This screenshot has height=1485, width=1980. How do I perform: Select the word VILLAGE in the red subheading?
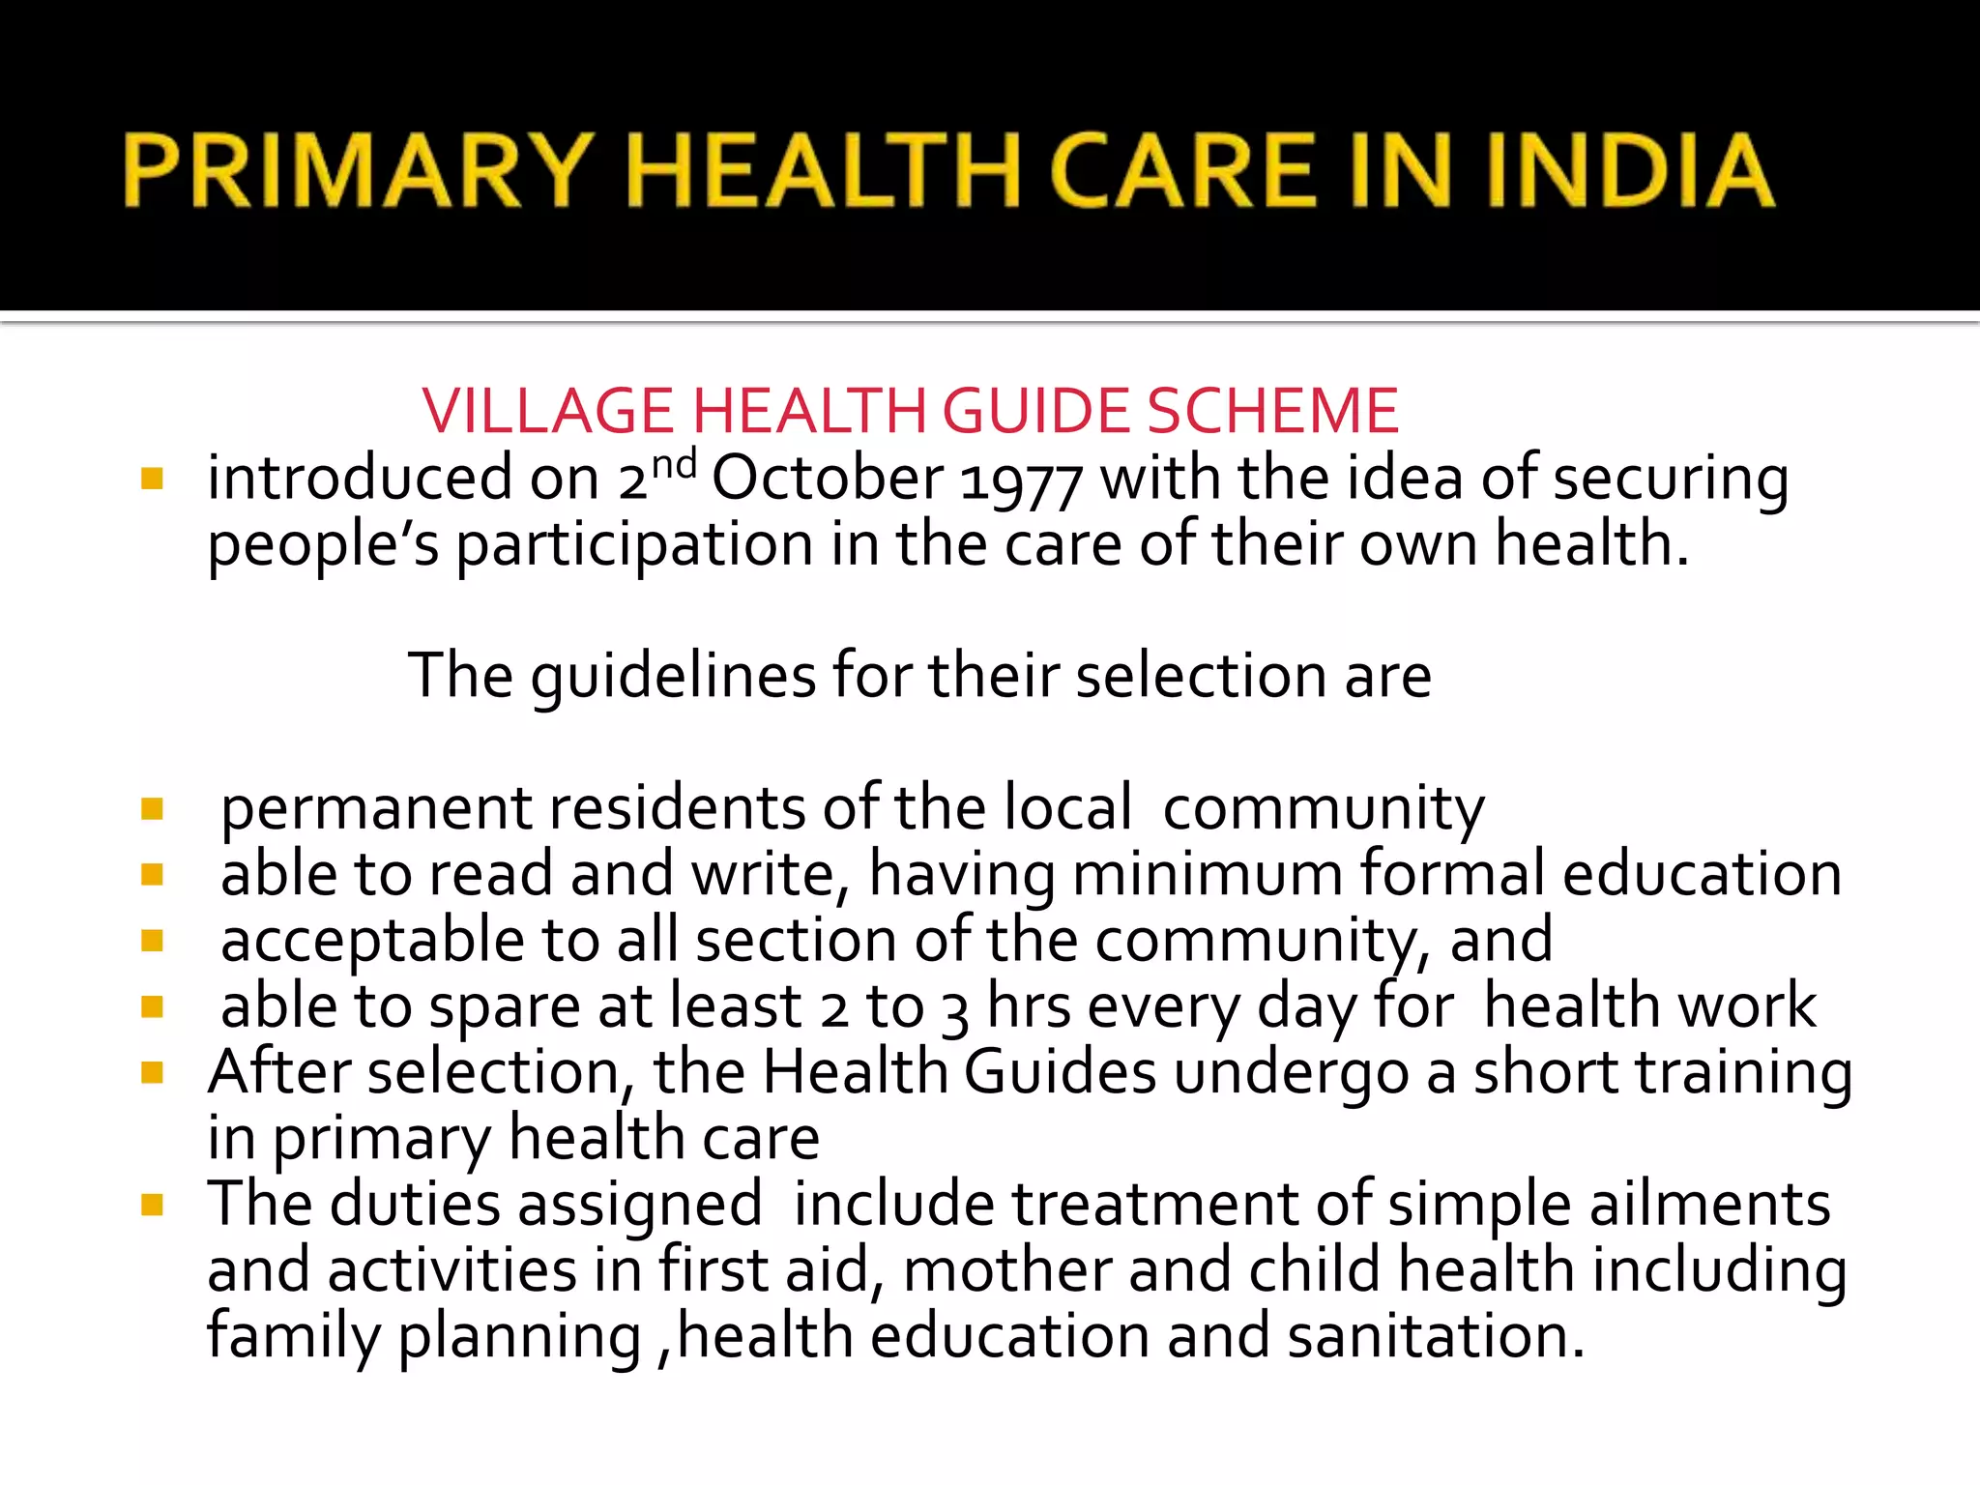point(547,411)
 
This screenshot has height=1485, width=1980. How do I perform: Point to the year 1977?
point(1021,481)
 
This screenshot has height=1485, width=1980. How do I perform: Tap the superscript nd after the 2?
point(673,464)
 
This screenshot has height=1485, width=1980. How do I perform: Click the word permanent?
point(376,809)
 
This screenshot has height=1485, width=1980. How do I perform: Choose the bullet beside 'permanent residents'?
point(152,808)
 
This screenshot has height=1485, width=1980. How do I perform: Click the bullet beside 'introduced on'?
point(152,479)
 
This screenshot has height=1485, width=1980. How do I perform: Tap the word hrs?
point(1029,1006)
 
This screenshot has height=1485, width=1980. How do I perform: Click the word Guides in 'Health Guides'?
point(1060,1072)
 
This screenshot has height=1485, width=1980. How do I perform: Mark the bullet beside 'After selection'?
point(152,1072)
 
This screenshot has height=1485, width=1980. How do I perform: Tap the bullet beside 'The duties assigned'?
point(152,1205)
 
